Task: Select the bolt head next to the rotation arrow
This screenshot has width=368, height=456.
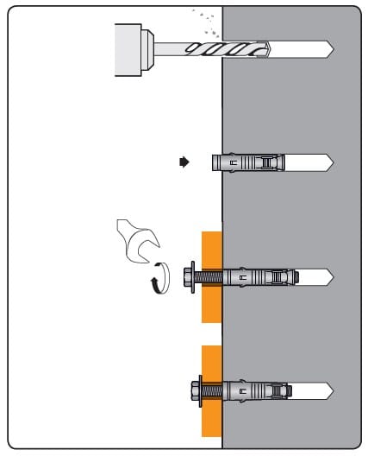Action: click(187, 278)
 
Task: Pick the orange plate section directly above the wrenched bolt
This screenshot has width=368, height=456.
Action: click(212, 246)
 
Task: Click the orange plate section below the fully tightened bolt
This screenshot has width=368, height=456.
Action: click(212, 423)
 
